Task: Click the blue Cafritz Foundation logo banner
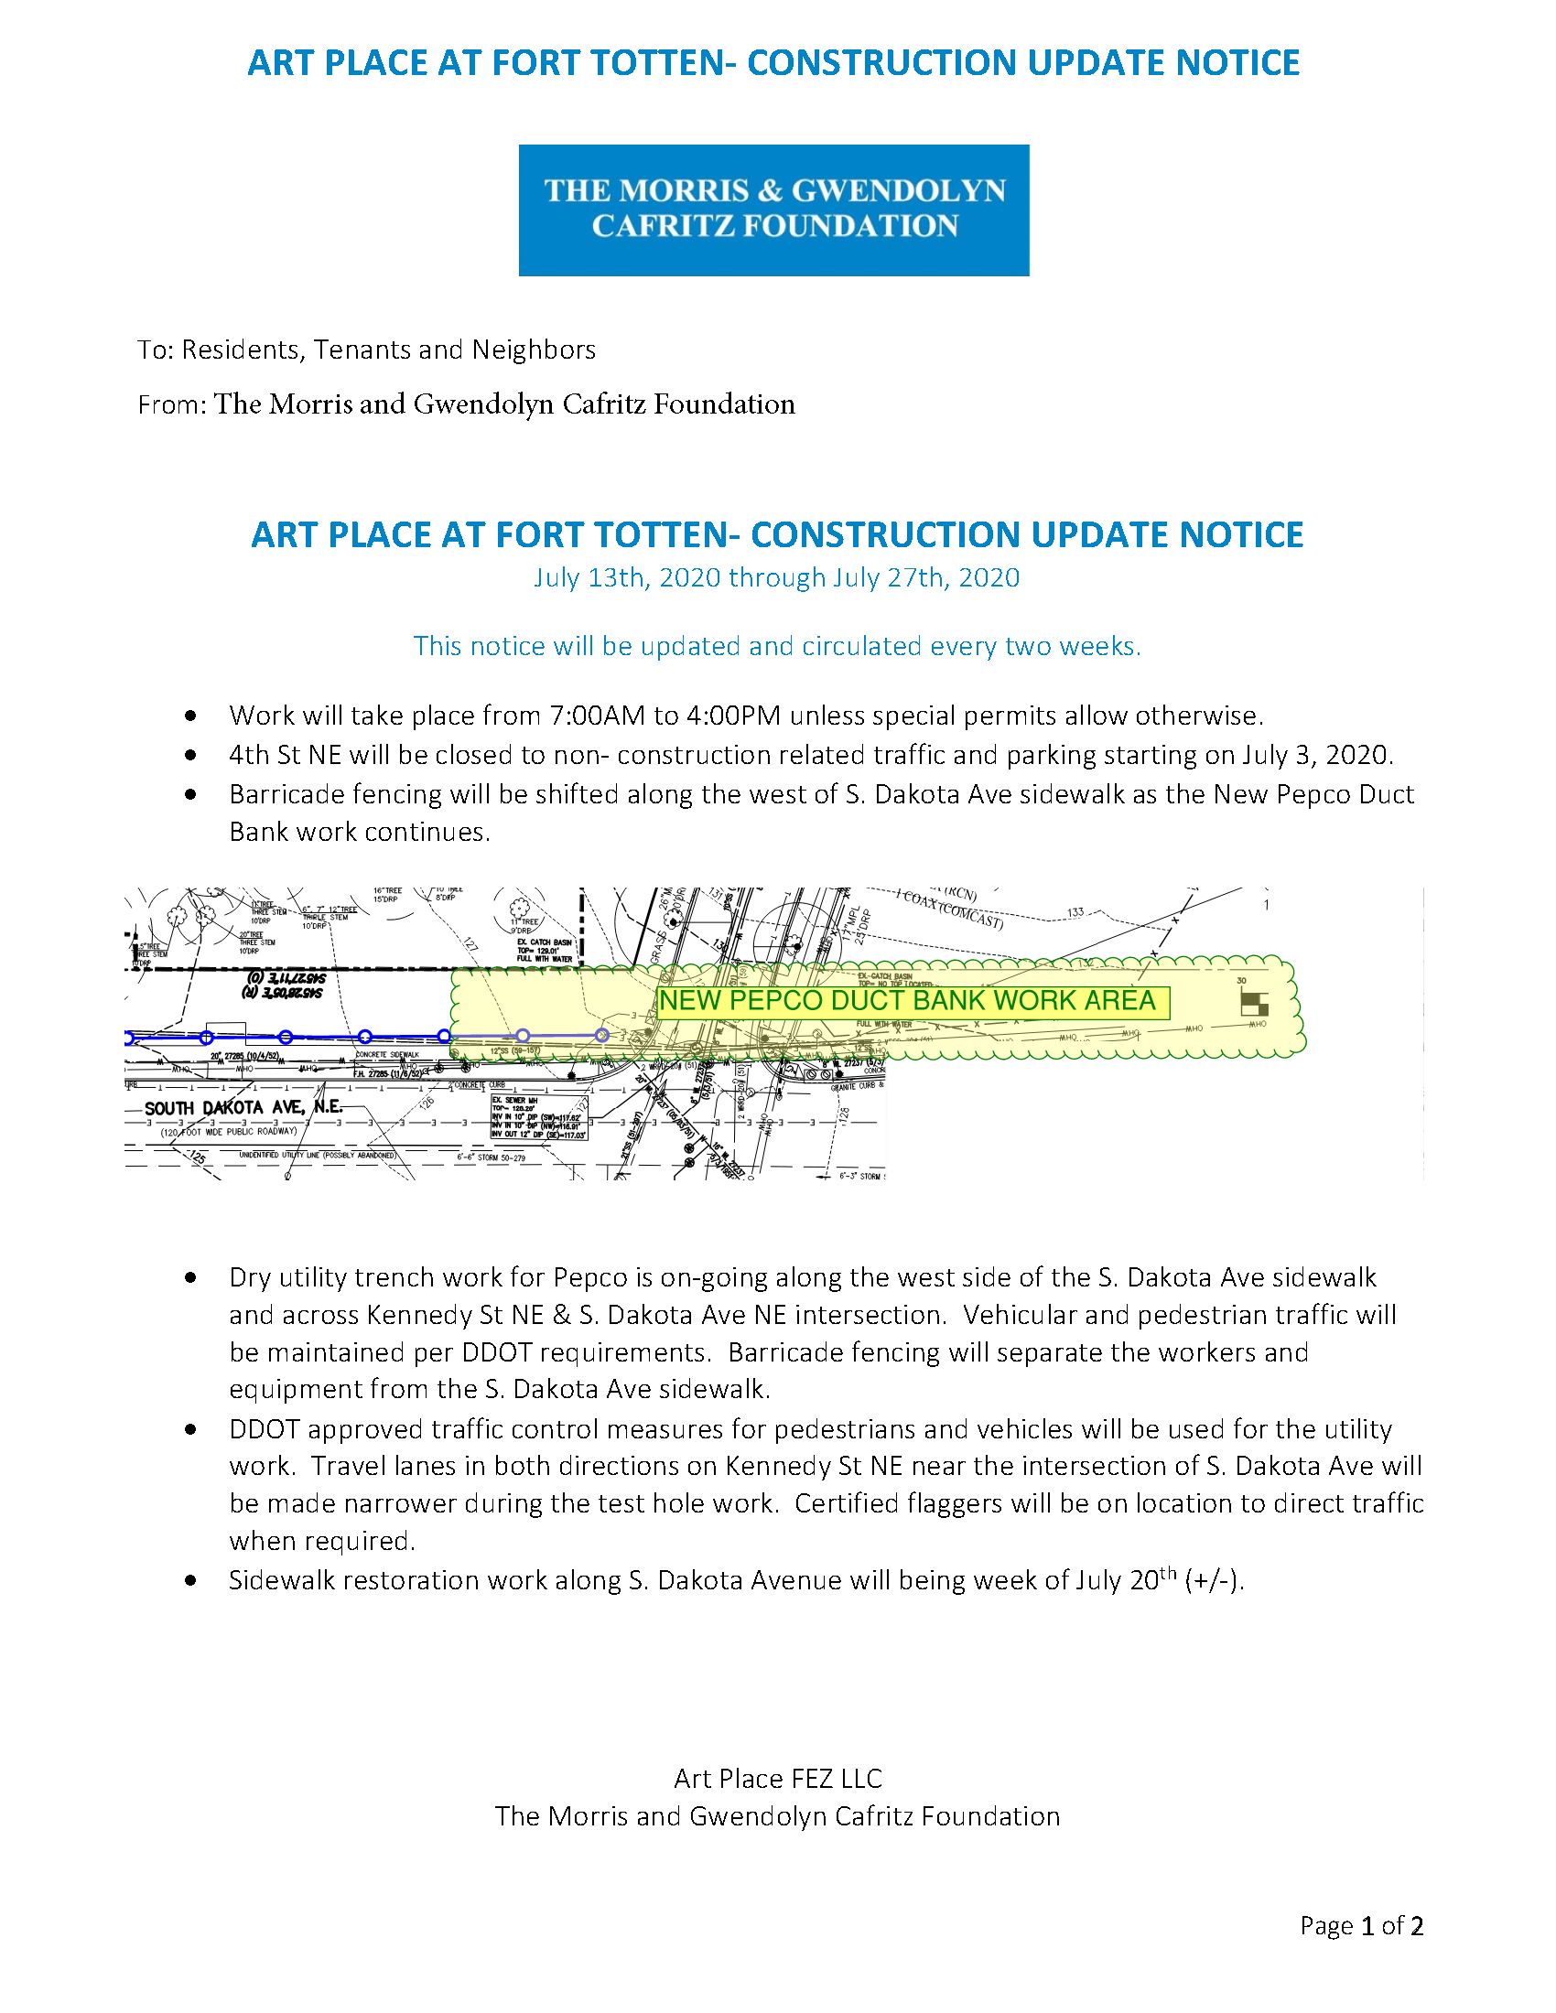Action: pos(773,210)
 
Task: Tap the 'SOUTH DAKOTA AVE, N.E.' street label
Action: pos(243,1107)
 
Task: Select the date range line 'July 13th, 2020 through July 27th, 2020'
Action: pos(776,578)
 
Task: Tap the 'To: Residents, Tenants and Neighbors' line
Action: pos(366,350)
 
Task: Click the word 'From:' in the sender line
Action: pos(171,405)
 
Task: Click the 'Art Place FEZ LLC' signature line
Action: pos(777,1778)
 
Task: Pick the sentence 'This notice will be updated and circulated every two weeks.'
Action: pos(776,646)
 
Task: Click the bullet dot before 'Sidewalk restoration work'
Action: pos(190,1581)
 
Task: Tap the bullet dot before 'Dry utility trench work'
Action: pos(190,1277)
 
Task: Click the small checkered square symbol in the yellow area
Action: pos(1254,1003)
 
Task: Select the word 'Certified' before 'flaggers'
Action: pos(847,1503)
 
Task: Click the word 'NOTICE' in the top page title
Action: pos(1237,62)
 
